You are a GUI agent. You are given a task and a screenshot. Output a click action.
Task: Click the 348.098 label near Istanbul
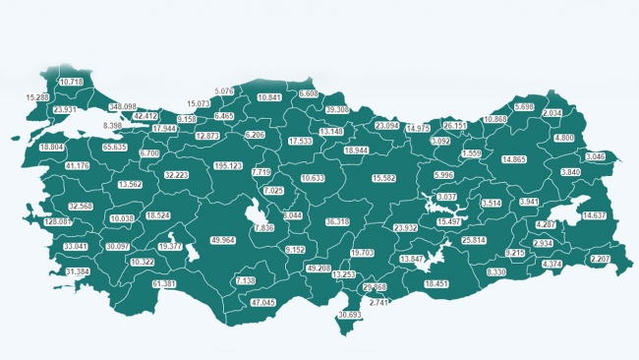pyautogui.click(x=123, y=106)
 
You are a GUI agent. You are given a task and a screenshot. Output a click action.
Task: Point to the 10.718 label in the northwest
pyautogui.click(x=71, y=82)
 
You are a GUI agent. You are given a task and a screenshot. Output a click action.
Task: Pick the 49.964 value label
pyautogui.click(x=223, y=240)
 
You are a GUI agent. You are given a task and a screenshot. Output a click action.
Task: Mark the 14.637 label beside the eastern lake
pyautogui.click(x=595, y=214)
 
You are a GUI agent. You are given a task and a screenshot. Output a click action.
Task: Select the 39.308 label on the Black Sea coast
pyautogui.click(x=337, y=110)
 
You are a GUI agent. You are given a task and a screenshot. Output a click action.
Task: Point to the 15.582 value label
pyautogui.click(x=384, y=178)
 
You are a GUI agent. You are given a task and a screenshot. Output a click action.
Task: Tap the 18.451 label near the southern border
pyautogui.click(x=436, y=283)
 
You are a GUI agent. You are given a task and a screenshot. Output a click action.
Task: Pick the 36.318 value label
pyautogui.click(x=336, y=222)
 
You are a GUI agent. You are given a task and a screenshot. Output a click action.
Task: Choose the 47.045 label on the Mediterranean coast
pyautogui.click(x=263, y=302)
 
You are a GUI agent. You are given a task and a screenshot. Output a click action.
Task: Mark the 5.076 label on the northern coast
pyautogui.click(x=223, y=91)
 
